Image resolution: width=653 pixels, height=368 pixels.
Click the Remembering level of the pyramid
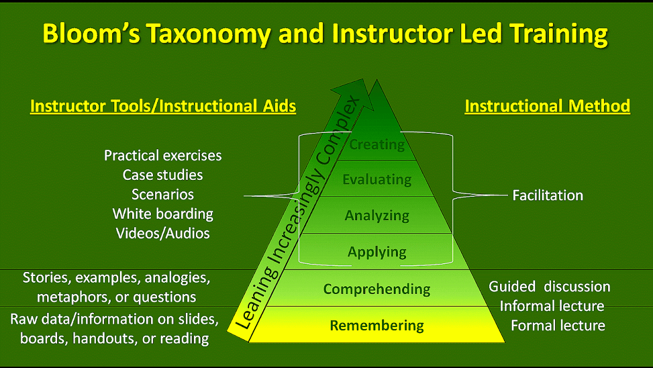click(376, 325)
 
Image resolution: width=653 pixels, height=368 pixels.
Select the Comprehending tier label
click(376, 289)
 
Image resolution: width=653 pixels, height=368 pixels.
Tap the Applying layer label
click(376, 252)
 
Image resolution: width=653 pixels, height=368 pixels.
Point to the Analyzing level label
click(376, 216)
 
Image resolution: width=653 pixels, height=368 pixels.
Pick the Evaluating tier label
click(376, 179)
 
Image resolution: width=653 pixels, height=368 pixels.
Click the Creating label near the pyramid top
click(376, 144)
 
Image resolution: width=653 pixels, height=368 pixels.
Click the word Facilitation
click(548, 195)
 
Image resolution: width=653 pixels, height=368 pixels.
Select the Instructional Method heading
click(547, 106)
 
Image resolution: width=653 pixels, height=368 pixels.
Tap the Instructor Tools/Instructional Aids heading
click(163, 106)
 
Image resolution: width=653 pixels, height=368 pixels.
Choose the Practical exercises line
click(163, 155)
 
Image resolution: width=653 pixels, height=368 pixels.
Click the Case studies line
click(163, 175)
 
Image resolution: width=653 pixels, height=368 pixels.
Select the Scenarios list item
click(163, 194)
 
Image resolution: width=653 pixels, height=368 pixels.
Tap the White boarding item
click(163, 214)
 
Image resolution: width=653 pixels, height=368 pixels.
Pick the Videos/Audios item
click(163, 234)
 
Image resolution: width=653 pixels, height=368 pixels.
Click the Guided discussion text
click(549, 287)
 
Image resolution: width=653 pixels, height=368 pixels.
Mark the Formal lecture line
click(558, 326)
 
